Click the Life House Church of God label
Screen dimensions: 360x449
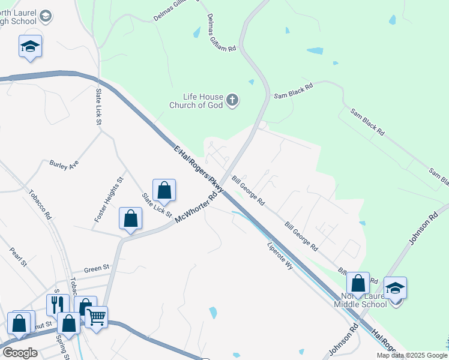click(x=203, y=101)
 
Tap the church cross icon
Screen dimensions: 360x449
click(x=232, y=100)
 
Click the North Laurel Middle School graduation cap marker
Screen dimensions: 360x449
click(x=396, y=288)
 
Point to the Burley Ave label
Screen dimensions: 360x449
click(x=64, y=164)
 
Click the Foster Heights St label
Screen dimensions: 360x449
click(x=109, y=200)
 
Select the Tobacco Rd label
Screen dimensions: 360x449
click(x=40, y=204)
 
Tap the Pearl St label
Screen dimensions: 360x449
click(x=19, y=257)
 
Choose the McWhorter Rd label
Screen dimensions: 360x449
click(x=196, y=208)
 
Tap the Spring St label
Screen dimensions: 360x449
click(x=61, y=344)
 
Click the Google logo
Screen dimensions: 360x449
click(x=20, y=353)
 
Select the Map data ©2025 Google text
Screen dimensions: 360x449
click(x=411, y=355)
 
